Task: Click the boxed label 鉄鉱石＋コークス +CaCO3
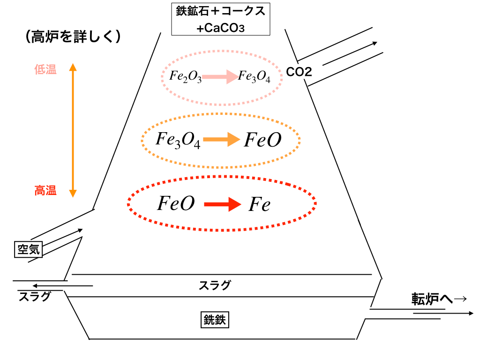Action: [x=220, y=19]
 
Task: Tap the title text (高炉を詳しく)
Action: [x=74, y=37]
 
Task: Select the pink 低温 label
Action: [x=45, y=70]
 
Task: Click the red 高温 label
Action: [x=45, y=190]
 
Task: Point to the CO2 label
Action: [x=299, y=72]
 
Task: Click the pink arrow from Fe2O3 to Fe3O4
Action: [x=220, y=76]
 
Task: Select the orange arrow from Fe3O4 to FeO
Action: [x=222, y=140]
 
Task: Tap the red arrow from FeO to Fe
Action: [x=222, y=204]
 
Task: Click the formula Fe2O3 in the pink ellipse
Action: [x=186, y=77]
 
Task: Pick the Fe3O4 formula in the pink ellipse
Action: [x=254, y=77]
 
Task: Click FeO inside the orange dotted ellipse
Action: [x=262, y=140]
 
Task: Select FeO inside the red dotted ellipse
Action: [x=175, y=204]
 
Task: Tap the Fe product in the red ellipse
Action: [x=259, y=204]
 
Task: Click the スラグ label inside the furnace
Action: [x=215, y=285]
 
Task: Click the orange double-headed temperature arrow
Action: [x=73, y=130]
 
